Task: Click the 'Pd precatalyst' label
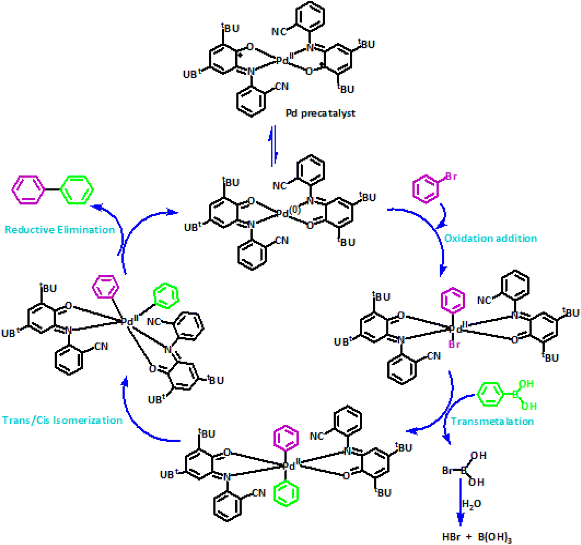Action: tap(320, 113)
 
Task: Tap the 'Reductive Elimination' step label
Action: tap(59, 229)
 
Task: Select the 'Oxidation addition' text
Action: tap(491, 238)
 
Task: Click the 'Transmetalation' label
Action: tap(492, 421)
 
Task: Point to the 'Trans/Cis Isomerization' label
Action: tap(62, 420)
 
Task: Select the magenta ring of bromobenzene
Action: tap(425, 189)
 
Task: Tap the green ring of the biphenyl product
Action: tap(77, 190)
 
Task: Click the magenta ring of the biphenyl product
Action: tap(28, 190)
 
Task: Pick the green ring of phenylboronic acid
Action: tap(490, 394)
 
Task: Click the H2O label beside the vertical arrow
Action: tap(472, 504)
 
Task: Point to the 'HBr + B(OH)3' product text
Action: tap(477, 537)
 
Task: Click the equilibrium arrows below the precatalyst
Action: tap(274, 146)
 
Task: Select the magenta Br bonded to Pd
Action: tap(455, 344)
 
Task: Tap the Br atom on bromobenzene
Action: tap(451, 177)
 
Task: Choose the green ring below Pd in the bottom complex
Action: tap(286, 494)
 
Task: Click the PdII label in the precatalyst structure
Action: tap(286, 59)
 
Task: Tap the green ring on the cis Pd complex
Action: tap(166, 296)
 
